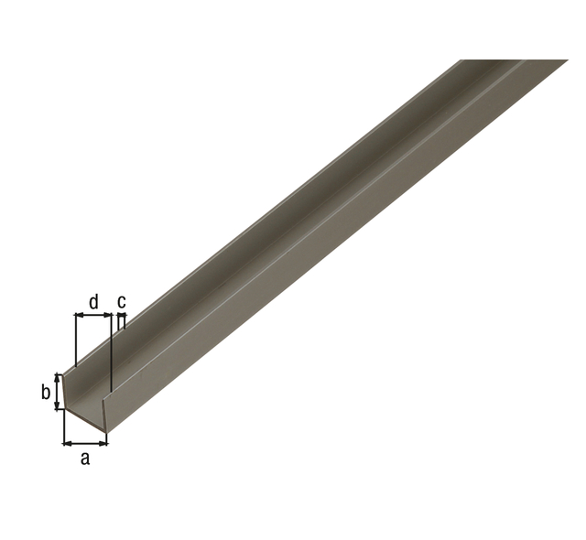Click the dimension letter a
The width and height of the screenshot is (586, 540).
click(85, 459)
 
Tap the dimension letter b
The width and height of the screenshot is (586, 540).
click(45, 393)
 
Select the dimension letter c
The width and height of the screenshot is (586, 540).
click(122, 301)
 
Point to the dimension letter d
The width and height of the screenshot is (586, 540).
click(92, 301)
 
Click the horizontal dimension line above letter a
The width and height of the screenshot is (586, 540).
click(85, 443)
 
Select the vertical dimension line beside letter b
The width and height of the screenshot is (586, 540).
click(59, 392)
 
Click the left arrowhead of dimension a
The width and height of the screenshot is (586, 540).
click(66, 443)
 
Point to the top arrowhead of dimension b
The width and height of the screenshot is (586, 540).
click(59, 376)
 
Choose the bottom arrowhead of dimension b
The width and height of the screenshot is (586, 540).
click(59, 406)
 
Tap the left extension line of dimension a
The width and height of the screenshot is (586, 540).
click(63, 427)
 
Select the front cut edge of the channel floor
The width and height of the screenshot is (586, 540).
click(84, 419)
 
